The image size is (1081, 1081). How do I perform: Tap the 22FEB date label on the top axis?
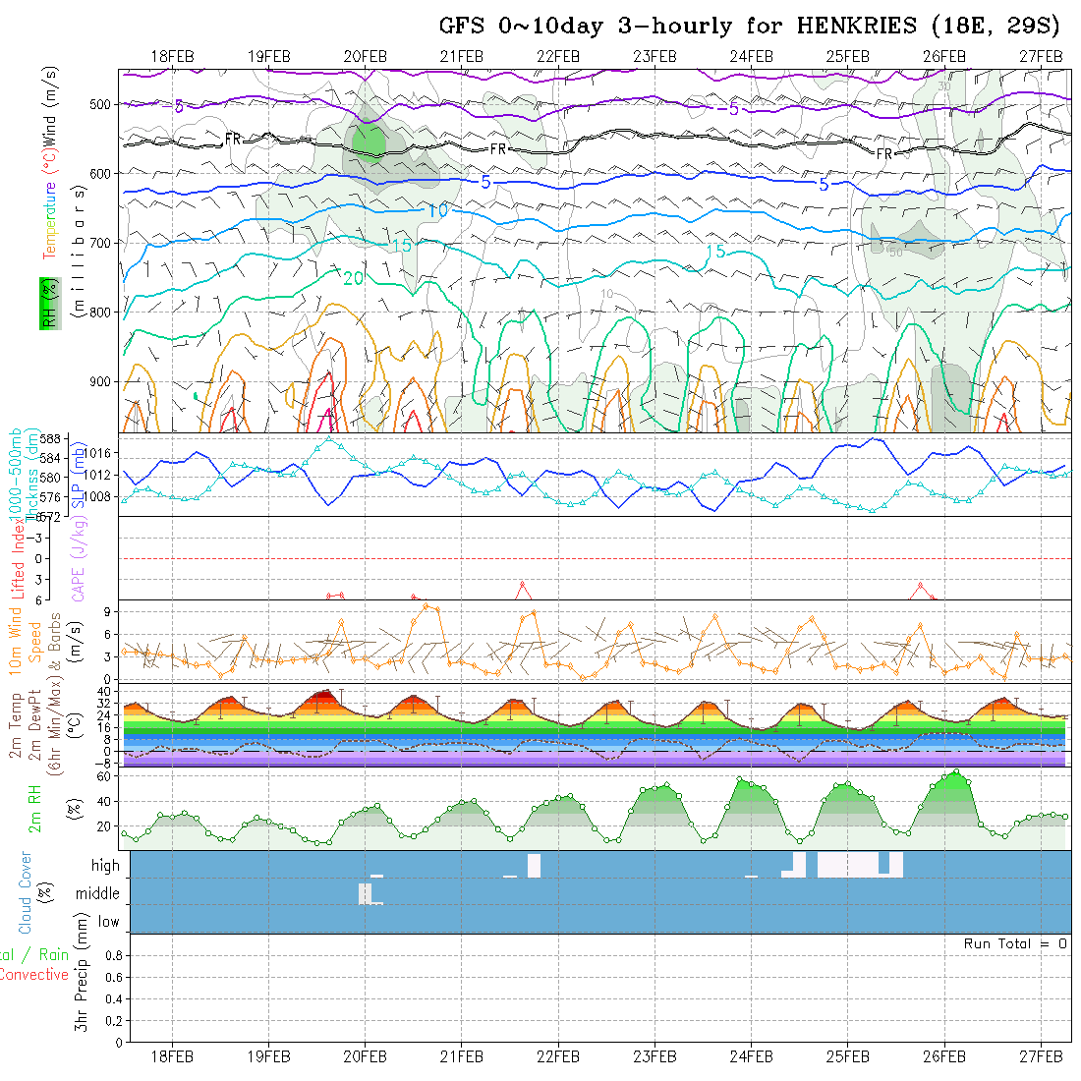pyautogui.click(x=558, y=55)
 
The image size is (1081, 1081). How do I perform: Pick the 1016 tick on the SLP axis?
pyautogui.click(x=102, y=453)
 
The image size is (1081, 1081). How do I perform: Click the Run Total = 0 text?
pyautogui.click(x=1015, y=943)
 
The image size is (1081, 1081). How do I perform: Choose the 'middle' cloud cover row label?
pyautogui.click(x=98, y=894)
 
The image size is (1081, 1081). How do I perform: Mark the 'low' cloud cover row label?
pyautogui.click(x=108, y=922)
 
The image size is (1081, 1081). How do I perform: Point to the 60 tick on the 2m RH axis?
pyautogui.click(x=103, y=776)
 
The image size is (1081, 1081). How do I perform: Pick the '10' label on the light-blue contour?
pyautogui.click(x=438, y=210)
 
